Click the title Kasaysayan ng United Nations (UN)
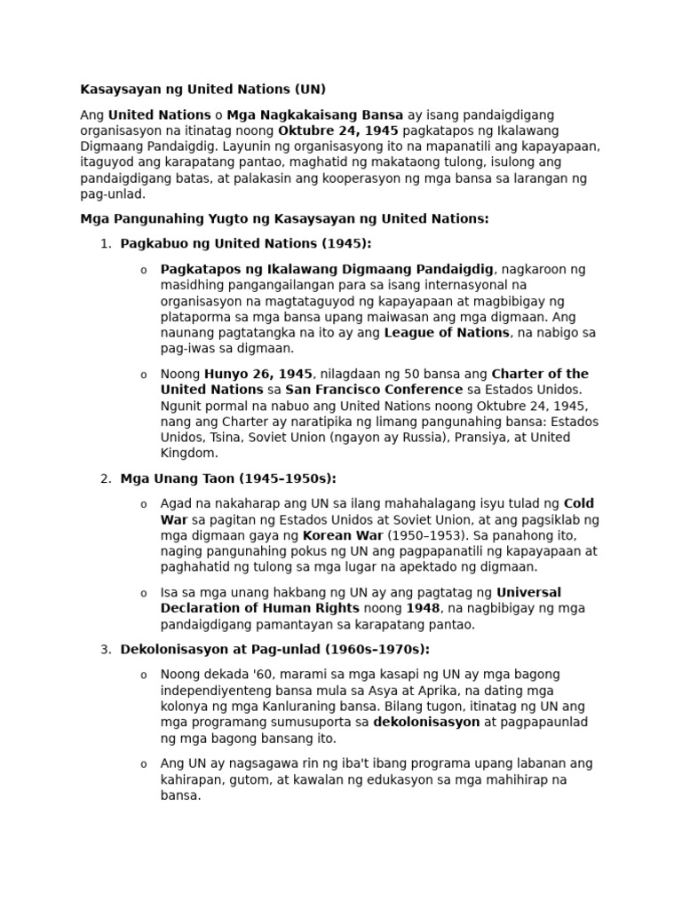point(203,89)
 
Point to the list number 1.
point(105,243)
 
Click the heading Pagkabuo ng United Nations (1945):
point(246,243)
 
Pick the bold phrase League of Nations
point(447,333)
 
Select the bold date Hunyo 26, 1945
point(258,374)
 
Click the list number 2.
point(105,478)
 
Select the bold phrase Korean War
point(344,535)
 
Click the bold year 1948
point(424,608)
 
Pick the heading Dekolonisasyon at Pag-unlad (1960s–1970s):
point(275,649)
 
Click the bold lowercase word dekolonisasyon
point(426,722)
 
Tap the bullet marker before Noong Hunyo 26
point(144,375)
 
